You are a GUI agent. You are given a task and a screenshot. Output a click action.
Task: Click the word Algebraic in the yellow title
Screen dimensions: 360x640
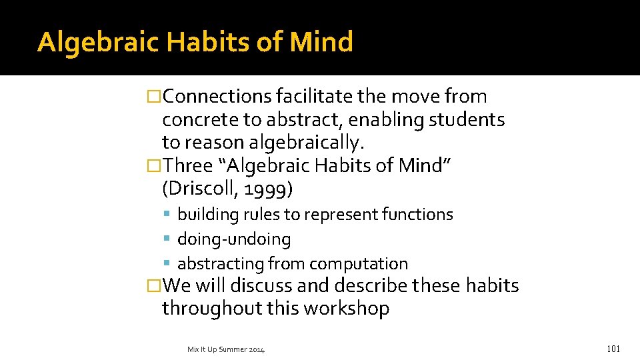(x=98, y=42)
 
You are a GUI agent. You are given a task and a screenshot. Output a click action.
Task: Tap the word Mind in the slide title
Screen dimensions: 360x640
(x=322, y=42)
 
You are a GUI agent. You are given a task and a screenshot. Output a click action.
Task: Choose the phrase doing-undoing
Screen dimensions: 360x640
(x=234, y=239)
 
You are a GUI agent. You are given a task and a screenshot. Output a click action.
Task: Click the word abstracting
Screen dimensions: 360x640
(x=221, y=264)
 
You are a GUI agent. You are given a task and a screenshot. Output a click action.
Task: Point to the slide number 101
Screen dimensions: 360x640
(x=614, y=349)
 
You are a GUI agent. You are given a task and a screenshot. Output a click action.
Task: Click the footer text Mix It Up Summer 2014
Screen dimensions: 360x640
(x=225, y=349)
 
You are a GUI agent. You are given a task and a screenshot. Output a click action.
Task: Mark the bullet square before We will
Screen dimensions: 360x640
(x=154, y=286)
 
